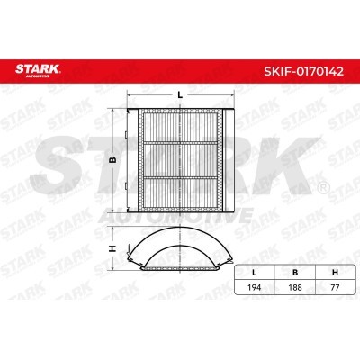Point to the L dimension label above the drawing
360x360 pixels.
pyautogui.click(x=180, y=94)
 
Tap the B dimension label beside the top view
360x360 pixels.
pyautogui.click(x=112, y=159)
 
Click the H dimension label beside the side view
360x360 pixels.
pyautogui.click(x=112, y=249)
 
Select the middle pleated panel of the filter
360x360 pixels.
pyautogui.click(x=180, y=159)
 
